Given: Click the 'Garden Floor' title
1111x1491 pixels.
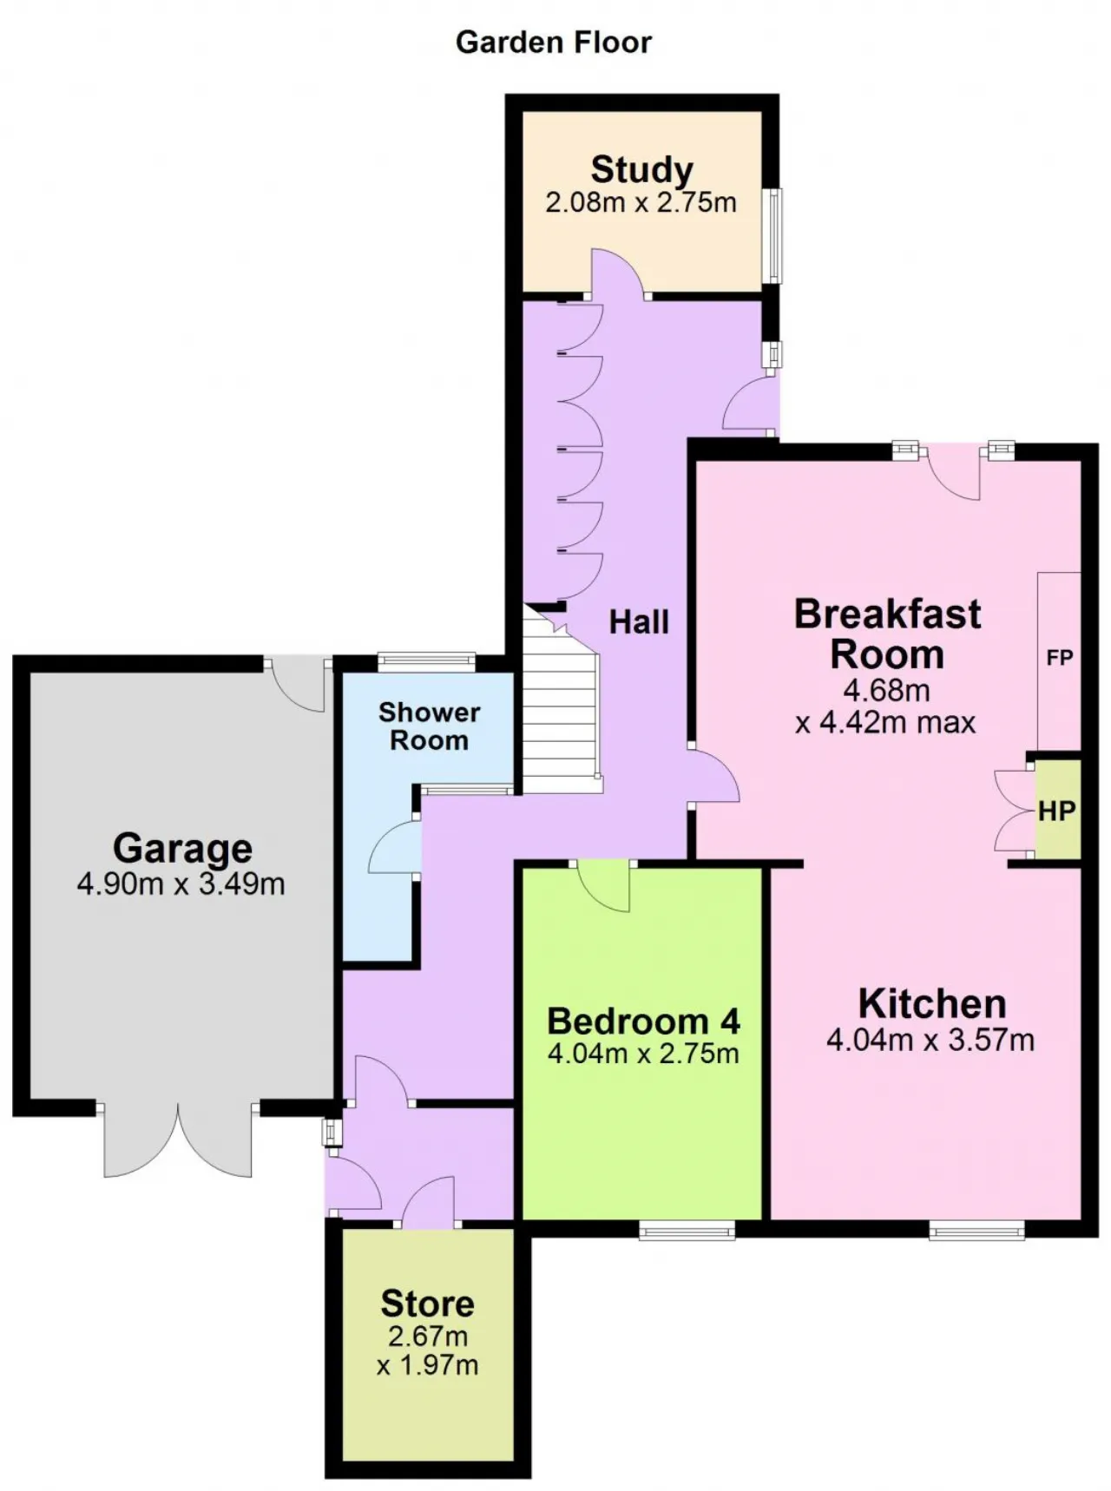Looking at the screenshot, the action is coord(554,43).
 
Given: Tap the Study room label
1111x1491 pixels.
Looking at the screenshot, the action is coord(641,169).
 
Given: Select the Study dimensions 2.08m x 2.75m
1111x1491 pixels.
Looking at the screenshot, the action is coord(641,203).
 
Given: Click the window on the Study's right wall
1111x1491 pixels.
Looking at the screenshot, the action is coord(772,235).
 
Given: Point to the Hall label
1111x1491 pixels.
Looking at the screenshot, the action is coord(639,621).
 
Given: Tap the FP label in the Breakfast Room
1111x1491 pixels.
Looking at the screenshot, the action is coord(1060,658).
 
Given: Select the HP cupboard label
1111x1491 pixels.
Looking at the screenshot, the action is coord(1057,811).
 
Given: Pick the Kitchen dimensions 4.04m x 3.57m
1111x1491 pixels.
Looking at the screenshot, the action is coord(930,1040).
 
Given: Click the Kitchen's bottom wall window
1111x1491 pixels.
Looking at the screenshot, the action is coord(976,1229).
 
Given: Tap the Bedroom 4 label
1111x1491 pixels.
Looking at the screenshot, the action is coord(643,1021).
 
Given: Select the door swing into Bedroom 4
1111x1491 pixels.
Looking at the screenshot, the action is coord(603,887).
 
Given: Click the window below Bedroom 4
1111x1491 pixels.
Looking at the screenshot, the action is coord(687,1229).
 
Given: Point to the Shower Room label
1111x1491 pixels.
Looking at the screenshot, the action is coord(429,726).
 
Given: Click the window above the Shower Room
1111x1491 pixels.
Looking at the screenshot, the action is coord(427,662).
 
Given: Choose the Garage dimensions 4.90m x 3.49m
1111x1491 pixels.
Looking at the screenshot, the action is coord(181,884).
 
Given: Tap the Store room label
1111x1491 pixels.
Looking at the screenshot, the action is coord(427,1304).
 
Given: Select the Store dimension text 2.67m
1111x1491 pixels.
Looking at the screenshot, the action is coord(427,1336).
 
